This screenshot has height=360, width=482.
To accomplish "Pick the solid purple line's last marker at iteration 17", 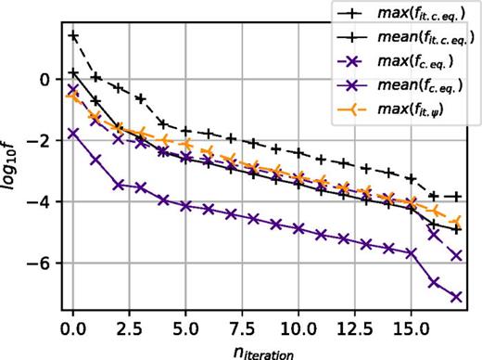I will point(457,297).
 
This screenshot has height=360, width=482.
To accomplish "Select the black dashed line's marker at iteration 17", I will point(457,197).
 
